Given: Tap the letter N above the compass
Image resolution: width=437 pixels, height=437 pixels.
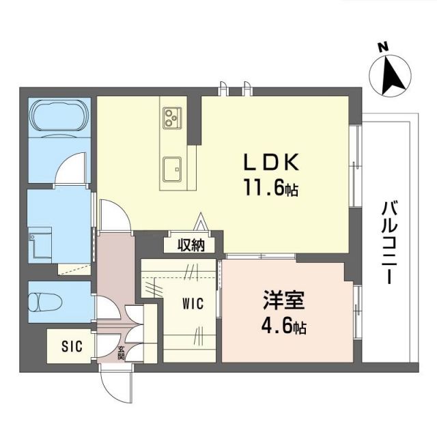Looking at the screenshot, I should pyautogui.click(x=383, y=48).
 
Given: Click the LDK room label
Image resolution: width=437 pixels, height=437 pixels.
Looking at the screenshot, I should pyautogui.click(x=272, y=162).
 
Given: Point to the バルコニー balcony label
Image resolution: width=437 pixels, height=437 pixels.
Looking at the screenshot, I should pyautogui.click(x=390, y=242).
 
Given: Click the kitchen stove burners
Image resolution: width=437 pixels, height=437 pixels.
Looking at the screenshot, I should pyautogui.click(x=171, y=118).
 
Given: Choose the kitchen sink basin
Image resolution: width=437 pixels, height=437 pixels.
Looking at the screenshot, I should pyautogui.click(x=171, y=165).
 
